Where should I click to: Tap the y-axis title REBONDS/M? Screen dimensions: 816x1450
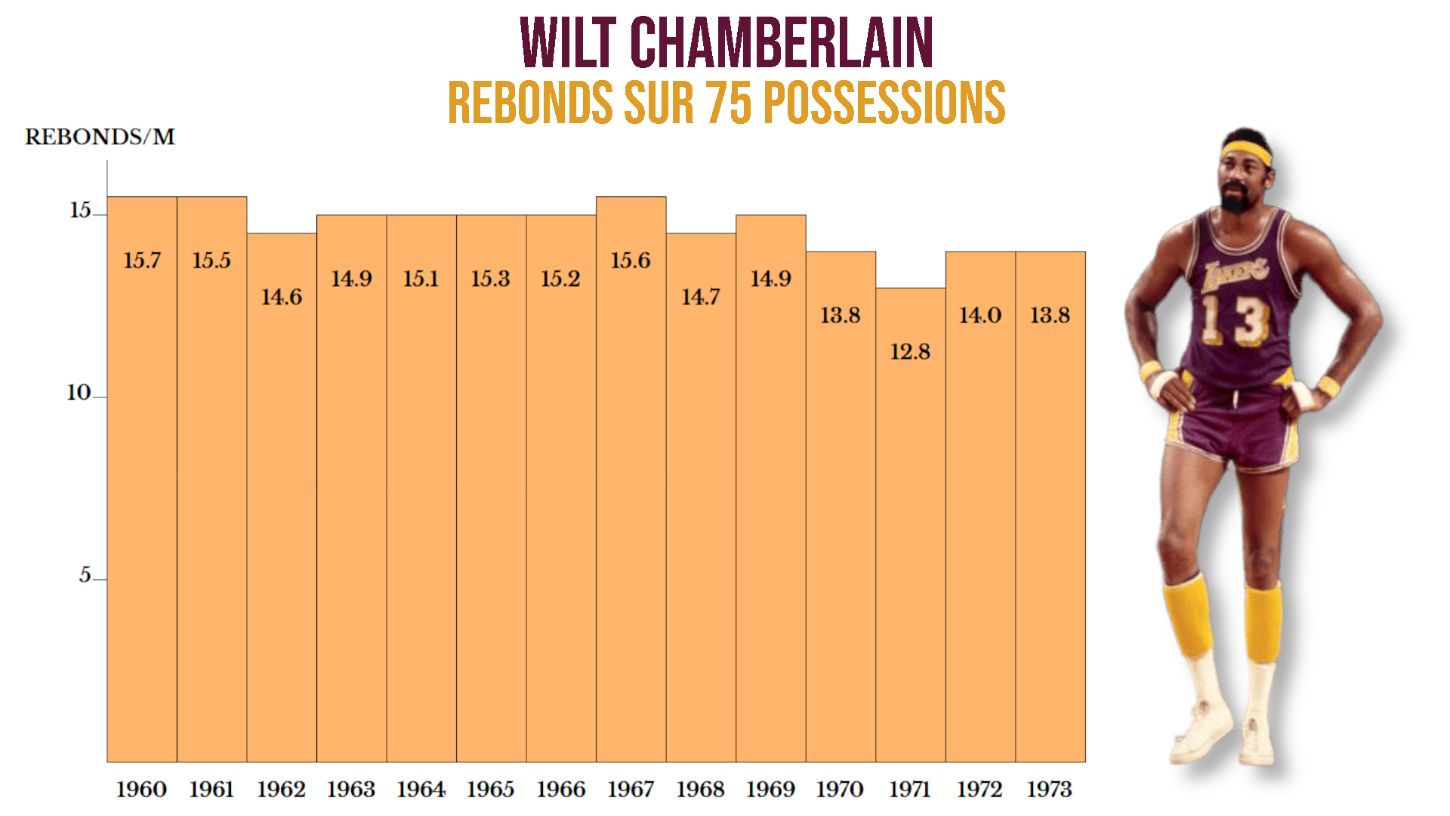pos(100,137)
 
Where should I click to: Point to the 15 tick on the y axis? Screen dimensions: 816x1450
pos(80,210)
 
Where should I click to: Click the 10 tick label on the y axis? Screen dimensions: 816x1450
pos(79,393)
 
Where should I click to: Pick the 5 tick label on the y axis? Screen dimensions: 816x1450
pos(85,575)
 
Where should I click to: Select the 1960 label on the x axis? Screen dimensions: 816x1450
pos(141,790)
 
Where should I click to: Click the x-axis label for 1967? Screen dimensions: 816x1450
pos(631,790)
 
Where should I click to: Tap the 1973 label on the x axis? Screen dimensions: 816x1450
pos(1050,790)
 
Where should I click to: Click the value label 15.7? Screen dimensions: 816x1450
pos(142,261)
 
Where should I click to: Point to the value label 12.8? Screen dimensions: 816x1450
pos(910,352)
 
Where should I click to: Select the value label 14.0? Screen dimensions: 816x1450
pos(980,315)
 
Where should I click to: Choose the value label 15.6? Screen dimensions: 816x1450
pos(631,261)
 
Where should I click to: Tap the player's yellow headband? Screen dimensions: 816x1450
pos(1246,151)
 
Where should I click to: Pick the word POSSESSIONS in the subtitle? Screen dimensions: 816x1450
pos(884,103)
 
